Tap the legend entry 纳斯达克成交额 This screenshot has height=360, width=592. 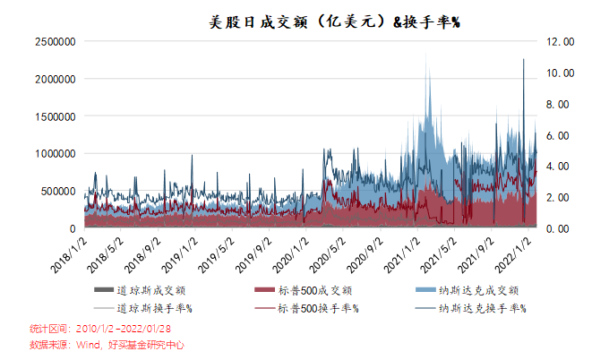(479, 290)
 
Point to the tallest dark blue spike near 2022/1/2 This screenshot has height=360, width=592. (523, 61)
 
